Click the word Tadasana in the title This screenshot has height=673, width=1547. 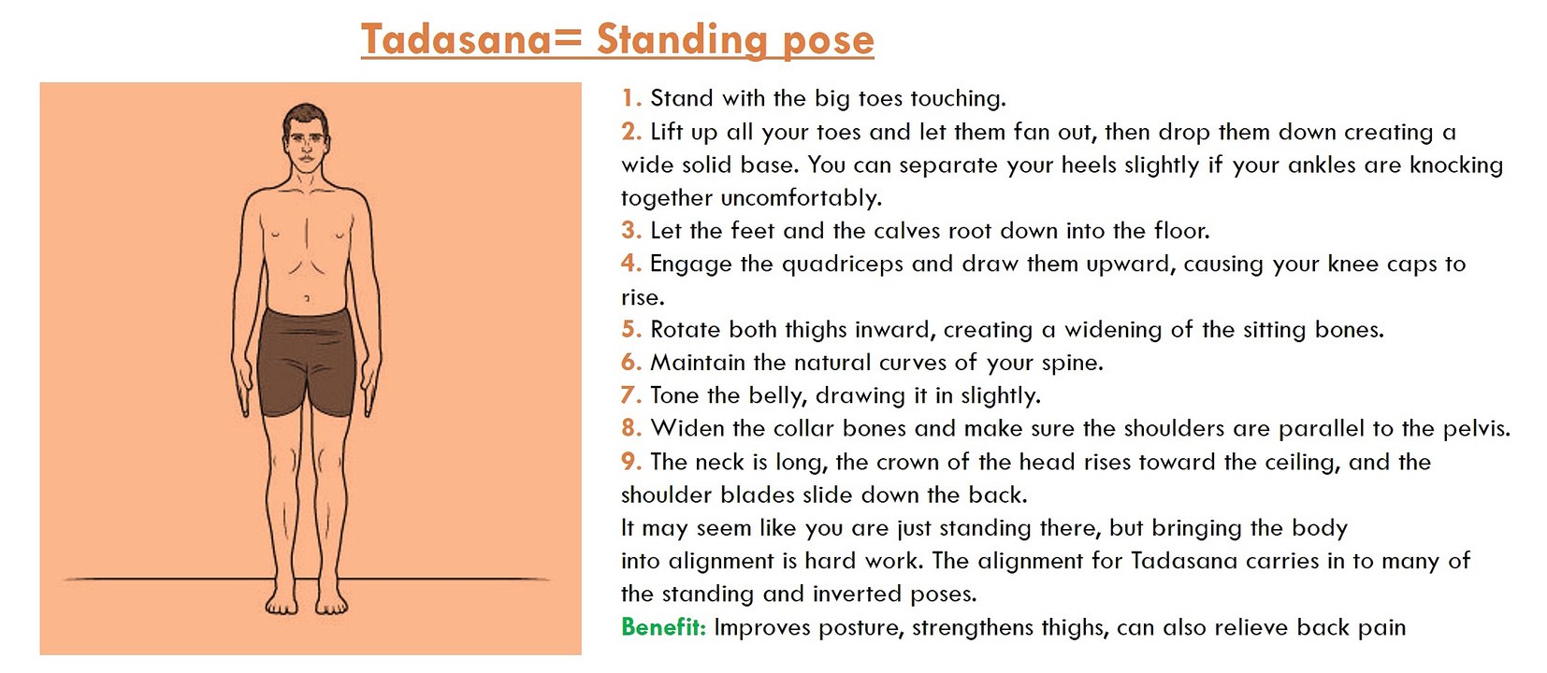pos(457,39)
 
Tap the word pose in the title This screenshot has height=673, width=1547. pos(828,41)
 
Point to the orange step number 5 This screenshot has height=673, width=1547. pos(631,329)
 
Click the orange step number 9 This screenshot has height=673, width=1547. pos(631,461)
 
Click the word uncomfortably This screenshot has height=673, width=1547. pos(802,198)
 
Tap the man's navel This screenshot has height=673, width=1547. pos(307,298)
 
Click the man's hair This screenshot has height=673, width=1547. pos(306,118)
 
